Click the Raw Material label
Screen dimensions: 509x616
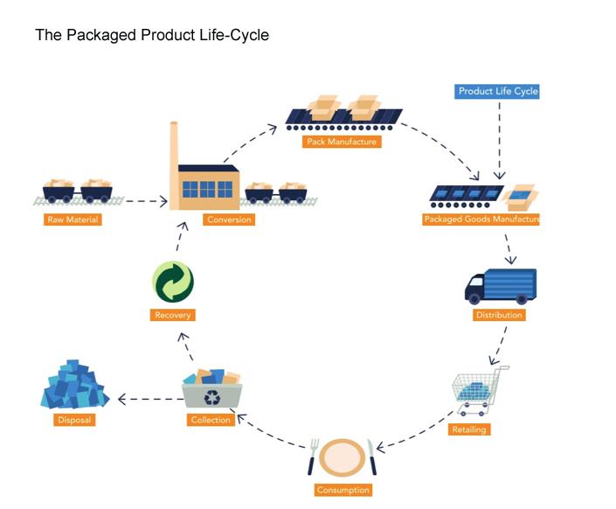[x=73, y=220]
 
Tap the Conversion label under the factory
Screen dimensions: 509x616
[x=229, y=220]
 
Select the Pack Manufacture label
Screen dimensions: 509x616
[x=341, y=141]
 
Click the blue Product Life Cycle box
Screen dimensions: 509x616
[x=498, y=91]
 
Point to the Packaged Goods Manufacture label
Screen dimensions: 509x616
[x=481, y=220]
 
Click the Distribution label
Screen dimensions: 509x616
[x=499, y=315]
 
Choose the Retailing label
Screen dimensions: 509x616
[x=469, y=429]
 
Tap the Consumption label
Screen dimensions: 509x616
[x=343, y=490]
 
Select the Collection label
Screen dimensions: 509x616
[x=211, y=420]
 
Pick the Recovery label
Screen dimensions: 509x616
[x=172, y=315]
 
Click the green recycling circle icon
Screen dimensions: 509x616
[x=172, y=282]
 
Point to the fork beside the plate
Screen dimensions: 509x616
[x=312, y=456]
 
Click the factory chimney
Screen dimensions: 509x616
[x=174, y=143]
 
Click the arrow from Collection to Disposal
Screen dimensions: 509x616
[x=144, y=399]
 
